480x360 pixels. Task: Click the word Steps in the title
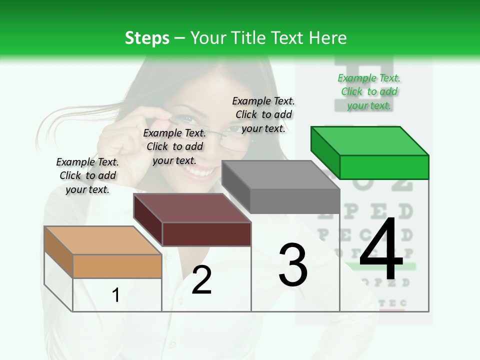click(147, 38)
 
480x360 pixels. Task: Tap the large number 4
click(381, 251)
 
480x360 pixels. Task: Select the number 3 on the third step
click(293, 264)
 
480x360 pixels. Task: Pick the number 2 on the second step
click(201, 280)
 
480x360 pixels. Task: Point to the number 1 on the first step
click(115, 295)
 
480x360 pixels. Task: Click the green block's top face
click(369, 140)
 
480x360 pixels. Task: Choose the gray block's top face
click(280, 175)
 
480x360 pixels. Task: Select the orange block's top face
click(102, 240)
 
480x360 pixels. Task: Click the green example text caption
click(369, 91)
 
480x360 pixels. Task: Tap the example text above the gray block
click(263, 114)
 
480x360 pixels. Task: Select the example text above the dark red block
click(174, 146)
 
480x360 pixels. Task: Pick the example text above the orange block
click(87, 175)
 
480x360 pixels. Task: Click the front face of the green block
click(384, 167)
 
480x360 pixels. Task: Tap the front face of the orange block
click(117, 266)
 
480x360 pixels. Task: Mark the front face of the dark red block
click(206, 234)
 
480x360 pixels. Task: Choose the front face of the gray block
click(295, 201)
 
